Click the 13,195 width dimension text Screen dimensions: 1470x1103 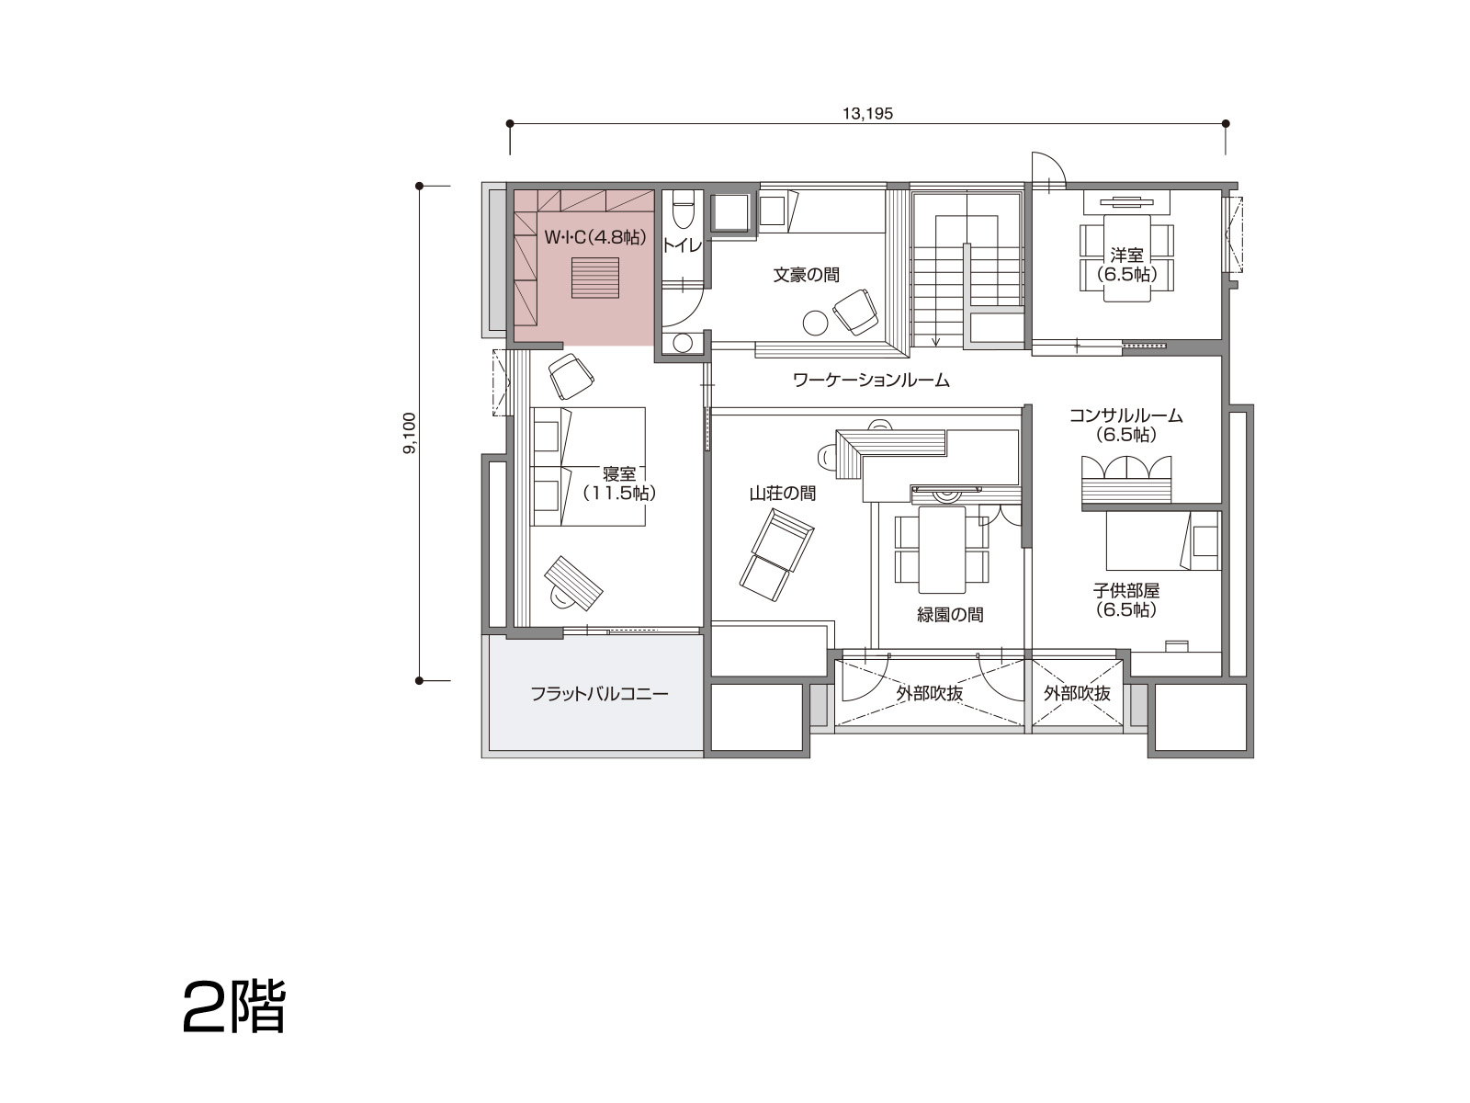[867, 114]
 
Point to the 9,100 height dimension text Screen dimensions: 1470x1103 [409, 433]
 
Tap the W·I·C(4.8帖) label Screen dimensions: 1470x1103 [595, 237]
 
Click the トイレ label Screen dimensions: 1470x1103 [682, 245]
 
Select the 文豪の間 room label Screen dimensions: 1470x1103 [807, 275]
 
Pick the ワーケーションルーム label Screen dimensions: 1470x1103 [871, 381]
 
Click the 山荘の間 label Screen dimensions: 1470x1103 [782, 494]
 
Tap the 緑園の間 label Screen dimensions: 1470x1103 [950, 615]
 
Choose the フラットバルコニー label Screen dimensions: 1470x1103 [599, 694]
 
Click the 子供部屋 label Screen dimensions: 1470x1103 [1126, 591]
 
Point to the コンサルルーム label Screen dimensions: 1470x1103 [1125, 415]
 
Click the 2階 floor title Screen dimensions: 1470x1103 [234, 1008]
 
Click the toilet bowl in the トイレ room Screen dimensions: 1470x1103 [684, 210]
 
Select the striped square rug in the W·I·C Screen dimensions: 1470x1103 [594, 278]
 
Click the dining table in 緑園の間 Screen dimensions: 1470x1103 [942, 550]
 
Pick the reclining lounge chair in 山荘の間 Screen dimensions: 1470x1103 [777, 555]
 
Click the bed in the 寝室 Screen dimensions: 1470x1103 [589, 467]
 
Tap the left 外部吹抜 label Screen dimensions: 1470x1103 [930, 694]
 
